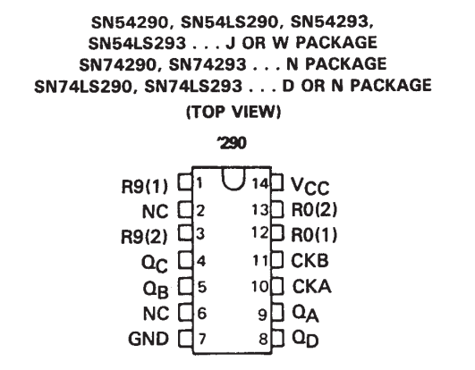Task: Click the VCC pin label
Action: coord(310,186)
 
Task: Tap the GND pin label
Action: coord(148,339)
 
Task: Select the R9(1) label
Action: coord(144,187)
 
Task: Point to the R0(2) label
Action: coord(314,209)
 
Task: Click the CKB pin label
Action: coord(310,260)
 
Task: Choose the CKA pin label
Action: coord(311,286)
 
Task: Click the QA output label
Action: coord(305,314)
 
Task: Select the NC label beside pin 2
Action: coord(155,212)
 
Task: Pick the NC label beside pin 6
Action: coord(156,314)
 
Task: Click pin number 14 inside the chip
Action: coord(260,183)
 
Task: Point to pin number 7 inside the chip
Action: coord(202,339)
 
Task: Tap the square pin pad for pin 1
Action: coord(185,182)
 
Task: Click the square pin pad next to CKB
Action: coord(277,259)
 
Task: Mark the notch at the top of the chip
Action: coord(233,179)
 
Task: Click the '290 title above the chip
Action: coord(232,143)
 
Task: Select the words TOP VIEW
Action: coord(233,112)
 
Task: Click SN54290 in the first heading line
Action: coord(130,22)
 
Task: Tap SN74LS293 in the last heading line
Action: coord(193,86)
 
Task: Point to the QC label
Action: coord(155,264)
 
